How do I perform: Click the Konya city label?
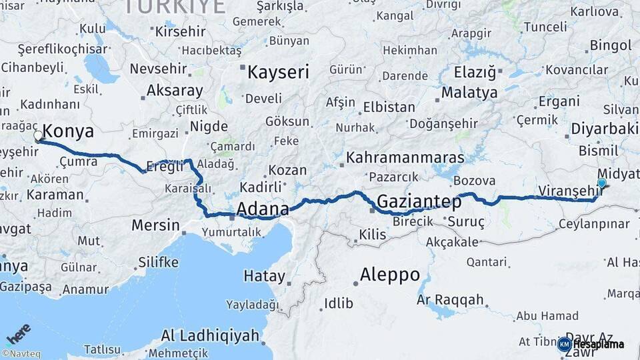click(68, 131)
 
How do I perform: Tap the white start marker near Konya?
click(38, 136)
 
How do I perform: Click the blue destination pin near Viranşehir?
click(602, 183)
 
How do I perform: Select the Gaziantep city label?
click(419, 201)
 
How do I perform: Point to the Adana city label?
click(263, 209)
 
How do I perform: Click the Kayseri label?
click(278, 72)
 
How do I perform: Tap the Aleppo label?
click(390, 274)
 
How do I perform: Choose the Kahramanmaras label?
click(405, 159)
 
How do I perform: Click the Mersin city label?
click(155, 225)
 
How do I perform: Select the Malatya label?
click(469, 92)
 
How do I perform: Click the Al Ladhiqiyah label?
click(210, 335)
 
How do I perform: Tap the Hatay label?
click(264, 276)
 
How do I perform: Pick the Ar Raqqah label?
click(450, 299)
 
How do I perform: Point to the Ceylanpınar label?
click(594, 223)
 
